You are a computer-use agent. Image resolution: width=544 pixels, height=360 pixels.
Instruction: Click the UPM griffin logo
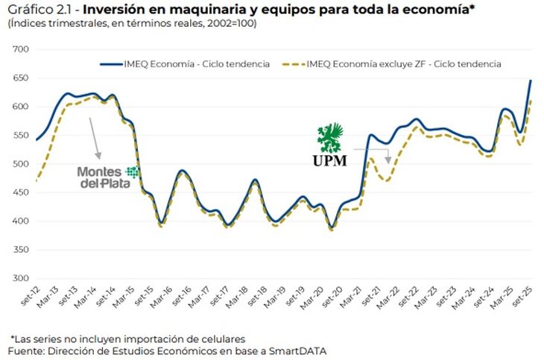pyautogui.click(x=329, y=138)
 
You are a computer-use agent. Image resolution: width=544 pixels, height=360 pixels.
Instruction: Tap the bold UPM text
pyautogui.click(x=329, y=161)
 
